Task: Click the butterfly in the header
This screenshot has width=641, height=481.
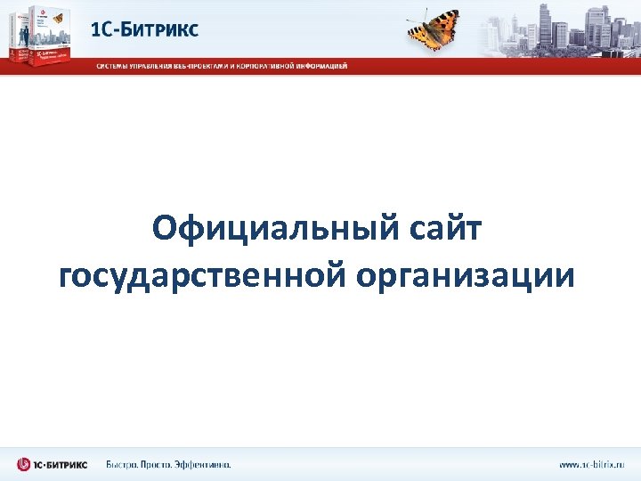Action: [x=433, y=27]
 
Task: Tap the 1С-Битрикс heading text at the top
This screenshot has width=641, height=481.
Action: [x=145, y=29]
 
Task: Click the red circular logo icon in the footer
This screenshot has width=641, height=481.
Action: [x=24, y=464]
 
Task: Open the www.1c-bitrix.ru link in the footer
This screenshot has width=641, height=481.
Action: [x=591, y=464]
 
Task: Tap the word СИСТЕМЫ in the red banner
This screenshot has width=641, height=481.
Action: [x=114, y=66]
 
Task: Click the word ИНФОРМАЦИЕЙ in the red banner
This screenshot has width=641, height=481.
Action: [x=321, y=66]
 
